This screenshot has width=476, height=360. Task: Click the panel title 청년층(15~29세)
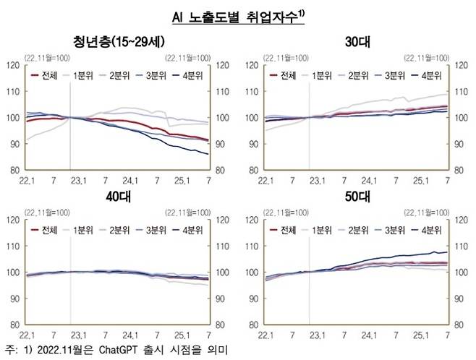tap(117, 40)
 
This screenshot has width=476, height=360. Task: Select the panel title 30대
tap(357, 42)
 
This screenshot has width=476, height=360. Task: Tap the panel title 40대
tap(117, 197)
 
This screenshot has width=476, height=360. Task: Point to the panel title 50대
tap(357, 197)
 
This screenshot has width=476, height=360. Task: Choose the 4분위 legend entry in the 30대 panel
tap(428, 74)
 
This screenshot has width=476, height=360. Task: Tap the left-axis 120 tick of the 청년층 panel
tap(13, 65)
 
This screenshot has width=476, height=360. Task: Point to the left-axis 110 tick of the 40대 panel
tap(13, 247)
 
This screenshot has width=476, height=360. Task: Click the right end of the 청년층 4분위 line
tap(208, 154)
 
